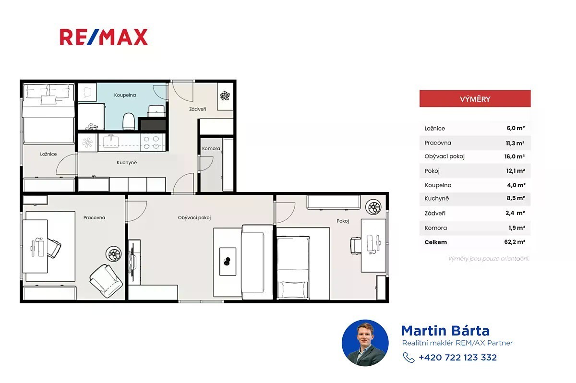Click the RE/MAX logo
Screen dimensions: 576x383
click(x=104, y=37)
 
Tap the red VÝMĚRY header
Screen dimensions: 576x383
click(x=475, y=99)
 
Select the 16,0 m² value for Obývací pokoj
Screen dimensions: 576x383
click(x=514, y=156)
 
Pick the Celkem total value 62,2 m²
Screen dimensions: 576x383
click(x=515, y=242)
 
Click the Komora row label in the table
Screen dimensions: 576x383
click(x=436, y=228)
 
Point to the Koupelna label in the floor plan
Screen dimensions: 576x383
click(x=125, y=95)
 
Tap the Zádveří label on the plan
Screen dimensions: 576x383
click(x=197, y=109)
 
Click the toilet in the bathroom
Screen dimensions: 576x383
click(x=129, y=121)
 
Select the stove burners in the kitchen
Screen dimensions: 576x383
click(x=152, y=143)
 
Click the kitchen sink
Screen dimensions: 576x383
click(x=111, y=142)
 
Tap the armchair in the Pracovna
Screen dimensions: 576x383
click(x=106, y=281)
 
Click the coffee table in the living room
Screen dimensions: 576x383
click(x=228, y=262)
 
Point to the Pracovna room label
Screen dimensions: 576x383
click(x=94, y=217)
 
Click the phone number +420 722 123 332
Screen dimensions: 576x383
click(x=458, y=357)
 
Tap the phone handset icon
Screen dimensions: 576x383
click(x=408, y=357)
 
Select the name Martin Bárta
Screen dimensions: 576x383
click(x=445, y=331)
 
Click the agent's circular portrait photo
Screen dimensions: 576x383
click(x=365, y=343)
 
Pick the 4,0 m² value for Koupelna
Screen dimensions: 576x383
click(x=516, y=185)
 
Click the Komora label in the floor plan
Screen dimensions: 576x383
click(x=211, y=148)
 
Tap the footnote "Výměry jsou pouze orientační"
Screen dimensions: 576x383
click(x=488, y=259)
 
